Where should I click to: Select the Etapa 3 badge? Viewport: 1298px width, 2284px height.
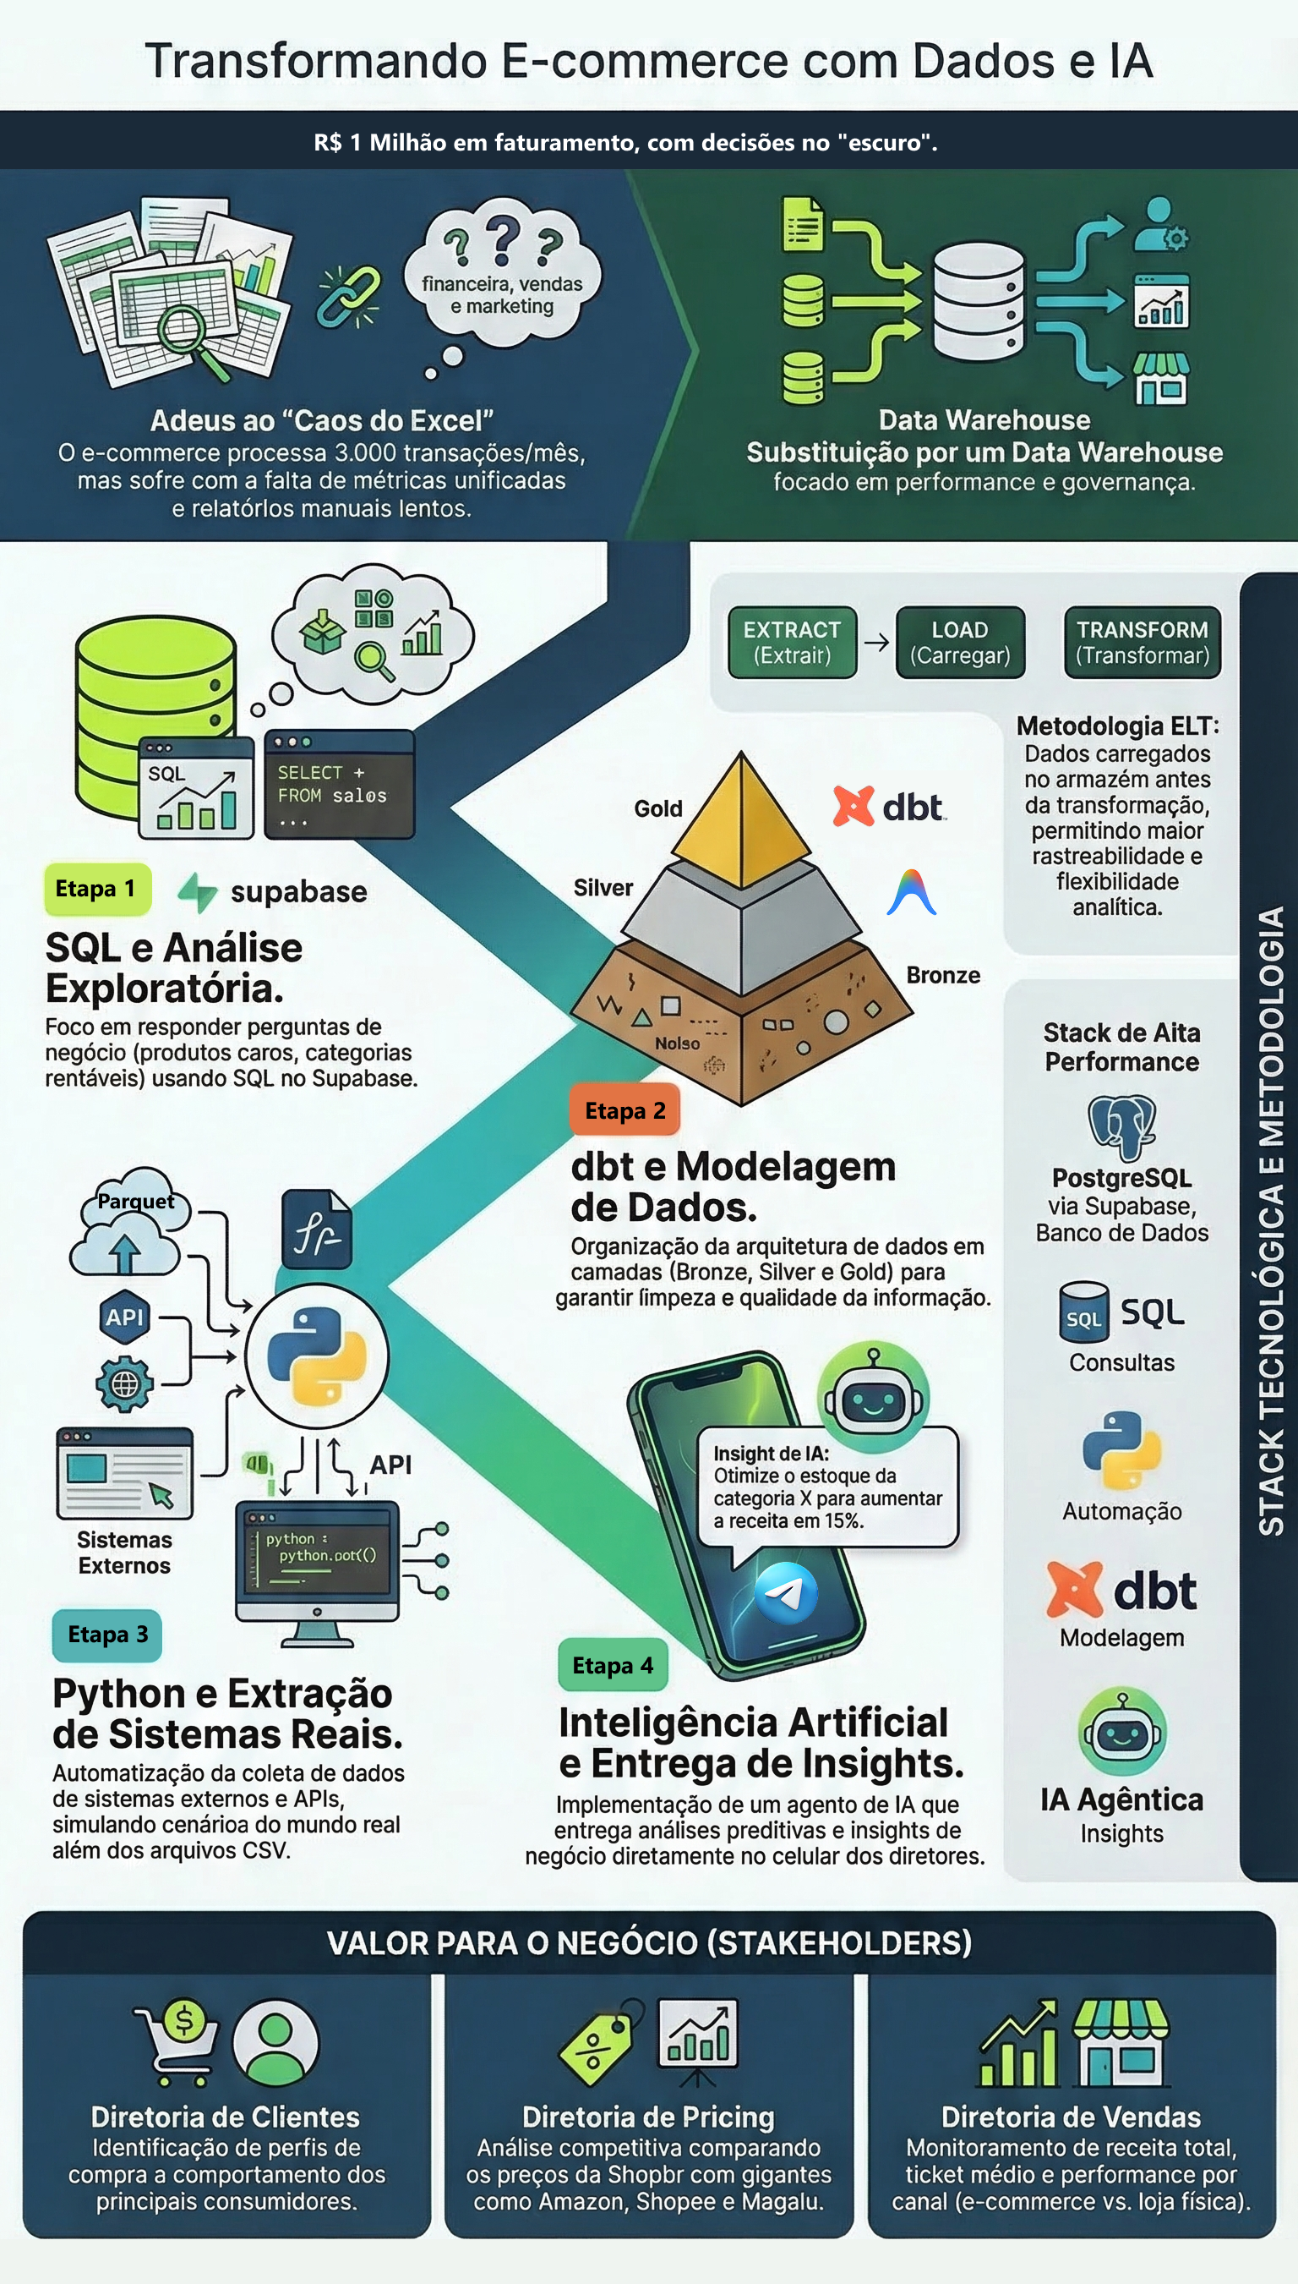(x=107, y=1634)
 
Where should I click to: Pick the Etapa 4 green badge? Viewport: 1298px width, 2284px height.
(x=613, y=1665)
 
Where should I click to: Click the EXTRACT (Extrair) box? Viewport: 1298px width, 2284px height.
(x=792, y=642)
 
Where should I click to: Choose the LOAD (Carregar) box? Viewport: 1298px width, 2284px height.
(x=959, y=642)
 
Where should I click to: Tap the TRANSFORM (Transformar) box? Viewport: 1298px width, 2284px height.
(x=1142, y=642)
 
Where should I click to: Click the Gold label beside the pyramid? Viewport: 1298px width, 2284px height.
(x=658, y=808)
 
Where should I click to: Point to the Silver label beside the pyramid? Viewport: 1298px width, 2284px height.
(x=603, y=887)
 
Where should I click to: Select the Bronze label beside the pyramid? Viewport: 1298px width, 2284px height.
(x=943, y=975)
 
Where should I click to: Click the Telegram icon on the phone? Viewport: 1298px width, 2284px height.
(x=785, y=1593)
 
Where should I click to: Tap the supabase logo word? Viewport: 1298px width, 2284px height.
(x=297, y=891)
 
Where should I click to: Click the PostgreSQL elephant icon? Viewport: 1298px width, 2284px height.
(x=1121, y=1126)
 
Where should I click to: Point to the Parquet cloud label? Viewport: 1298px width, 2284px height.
(x=135, y=1202)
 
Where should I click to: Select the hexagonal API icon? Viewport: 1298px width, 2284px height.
(x=124, y=1317)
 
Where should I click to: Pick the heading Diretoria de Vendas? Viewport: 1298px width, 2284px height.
(x=1071, y=2117)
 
